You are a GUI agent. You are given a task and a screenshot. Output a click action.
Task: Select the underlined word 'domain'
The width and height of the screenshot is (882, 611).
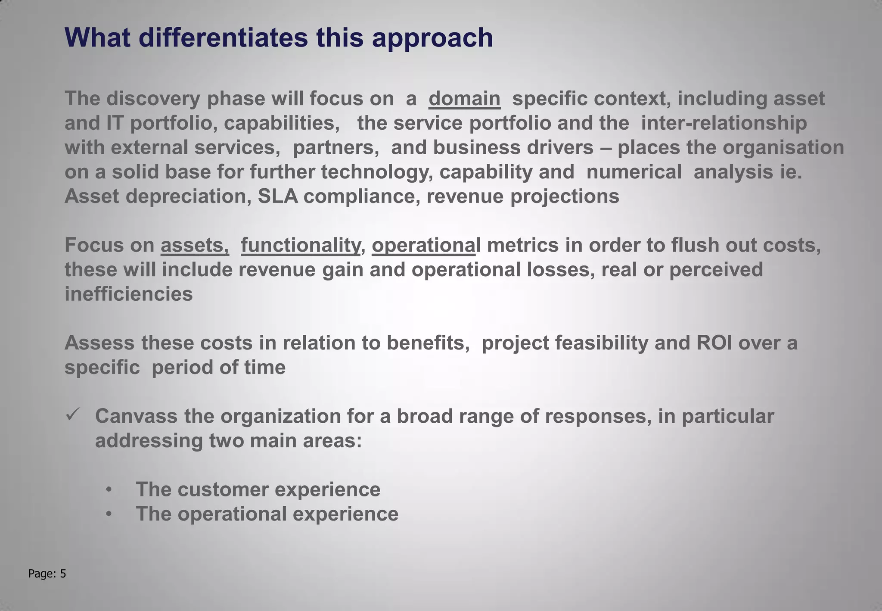[x=464, y=99]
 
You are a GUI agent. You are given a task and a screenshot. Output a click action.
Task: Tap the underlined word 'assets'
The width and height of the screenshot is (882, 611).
[x=194, y=245]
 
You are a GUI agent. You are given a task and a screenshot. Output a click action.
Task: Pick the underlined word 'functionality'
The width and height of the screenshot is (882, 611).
[x=300, y=245]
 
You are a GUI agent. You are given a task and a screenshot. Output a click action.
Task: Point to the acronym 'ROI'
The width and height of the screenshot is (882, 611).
[x=714, y=343]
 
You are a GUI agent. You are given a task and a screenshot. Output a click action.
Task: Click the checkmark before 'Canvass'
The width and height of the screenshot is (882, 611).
[x=71, y=415]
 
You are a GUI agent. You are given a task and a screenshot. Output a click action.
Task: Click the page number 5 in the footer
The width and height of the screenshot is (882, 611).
[x=63, y=574]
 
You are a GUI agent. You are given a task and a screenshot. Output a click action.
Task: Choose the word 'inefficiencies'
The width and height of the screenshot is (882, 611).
[x=128, y=294]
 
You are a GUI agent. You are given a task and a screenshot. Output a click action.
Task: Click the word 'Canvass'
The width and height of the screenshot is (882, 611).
[x=136, y=416]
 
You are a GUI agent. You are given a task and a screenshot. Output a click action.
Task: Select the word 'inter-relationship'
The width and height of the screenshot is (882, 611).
[x=724, y=123]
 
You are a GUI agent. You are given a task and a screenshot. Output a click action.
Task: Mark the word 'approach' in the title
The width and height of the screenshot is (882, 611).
[x=432, y=38]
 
